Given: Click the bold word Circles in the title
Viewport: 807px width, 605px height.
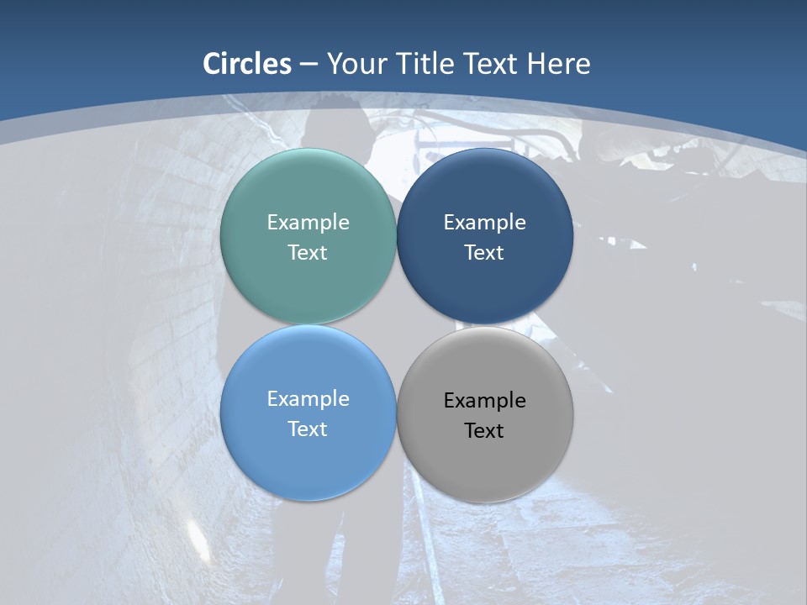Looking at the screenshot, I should click(x=247, y=64).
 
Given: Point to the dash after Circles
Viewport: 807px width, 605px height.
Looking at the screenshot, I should click(x=308, y=65).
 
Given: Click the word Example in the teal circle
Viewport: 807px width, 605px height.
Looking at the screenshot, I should click(x=308, y=223).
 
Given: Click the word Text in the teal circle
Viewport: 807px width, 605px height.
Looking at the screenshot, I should click(x=308, y=253).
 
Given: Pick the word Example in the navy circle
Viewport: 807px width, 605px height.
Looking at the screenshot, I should click(x=484, y=223).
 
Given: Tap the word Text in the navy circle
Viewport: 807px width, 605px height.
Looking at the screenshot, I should click(x=484, y=253).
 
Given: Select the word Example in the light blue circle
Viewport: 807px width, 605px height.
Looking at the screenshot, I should click(x=308, y=399).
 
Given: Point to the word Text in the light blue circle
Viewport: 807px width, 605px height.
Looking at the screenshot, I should click(x=308, y=429).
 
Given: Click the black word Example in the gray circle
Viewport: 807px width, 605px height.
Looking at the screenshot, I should click(x=484, y=401).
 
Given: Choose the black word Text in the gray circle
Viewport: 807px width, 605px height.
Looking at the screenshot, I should click(x=484, y=431).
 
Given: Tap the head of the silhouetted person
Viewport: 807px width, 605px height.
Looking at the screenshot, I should click(x=335, y=126).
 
